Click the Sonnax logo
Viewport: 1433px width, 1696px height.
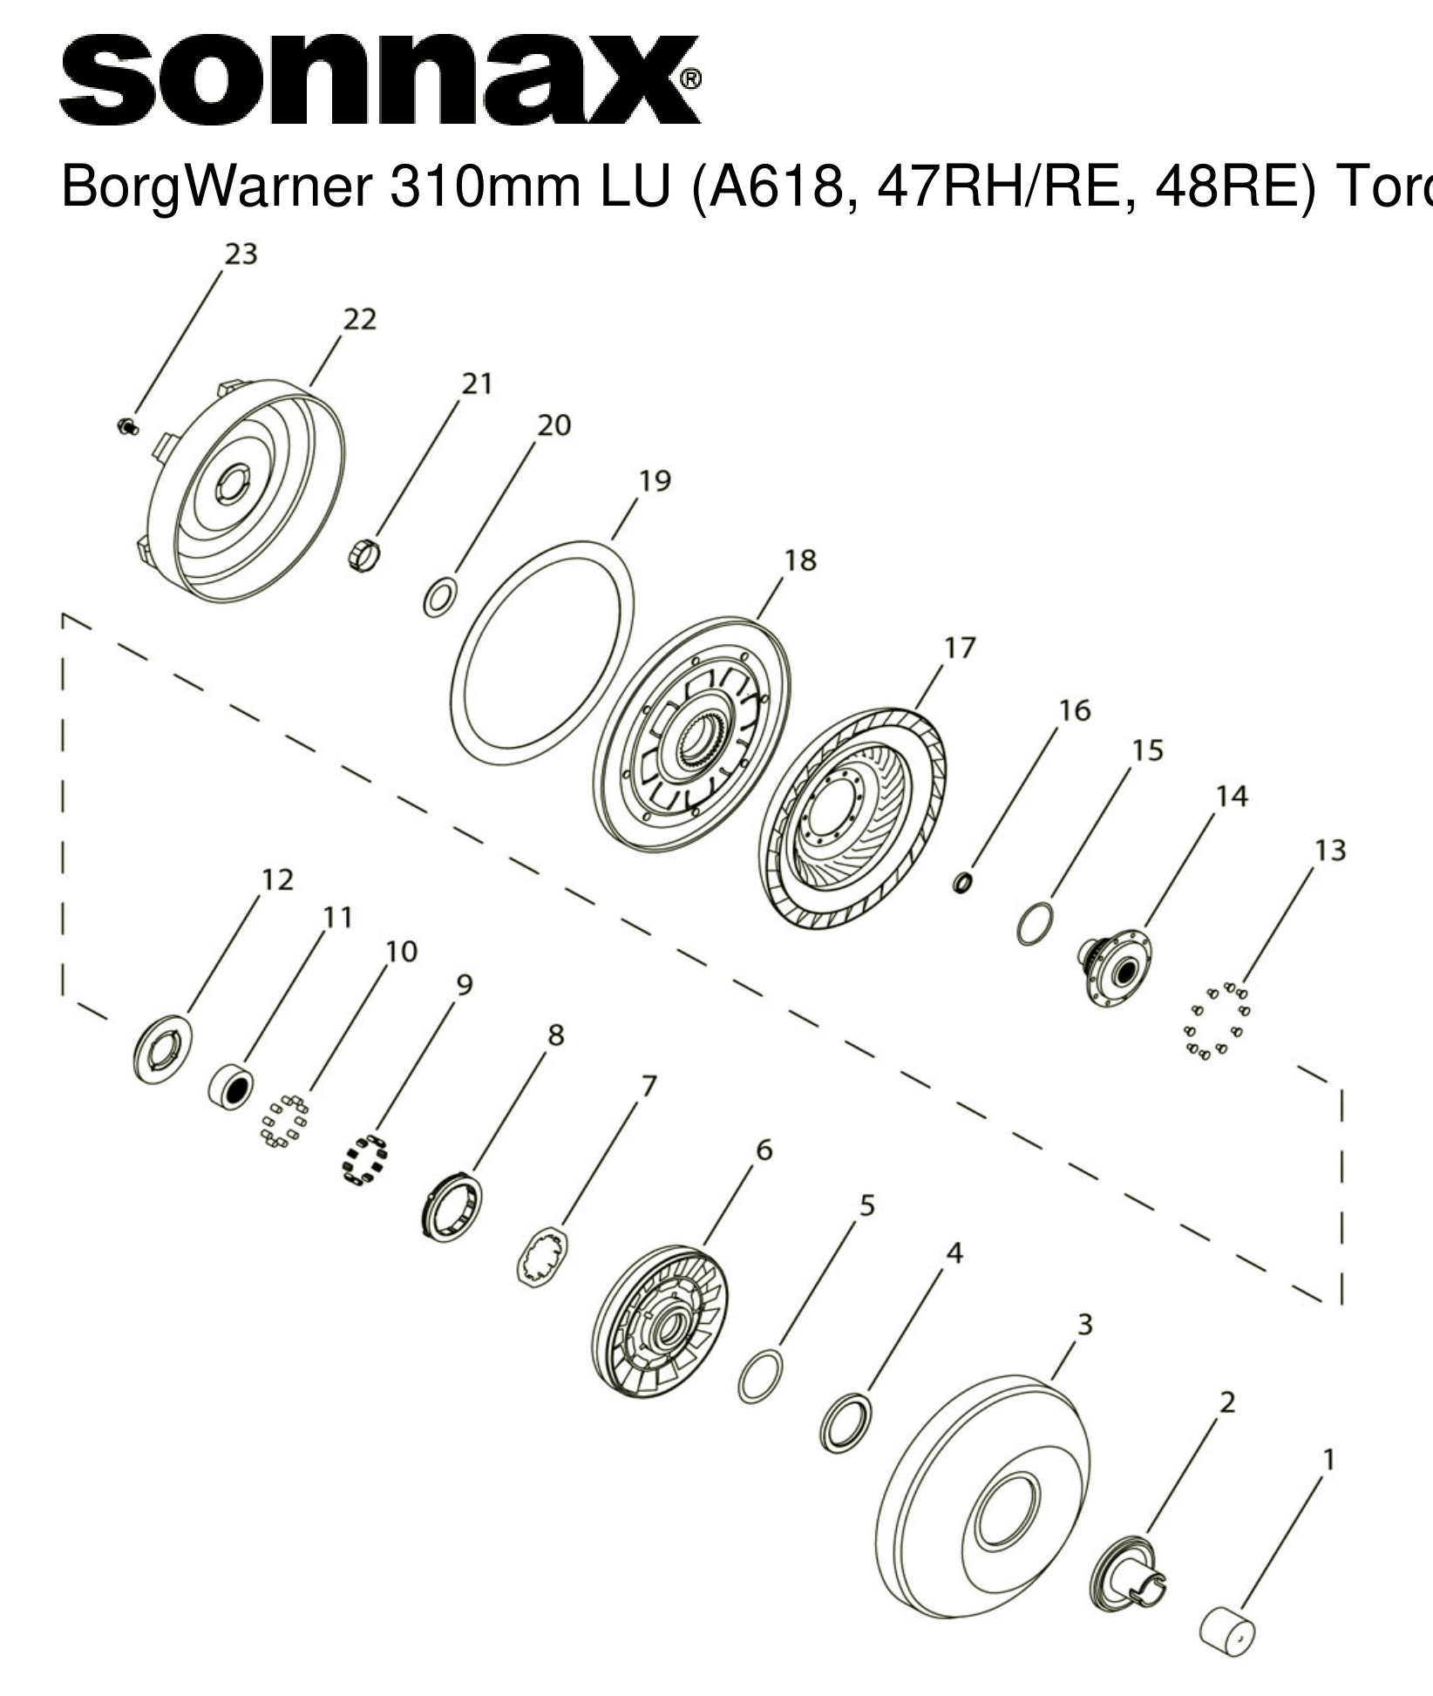tap(380, 79)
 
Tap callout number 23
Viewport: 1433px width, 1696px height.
tap(241, 254)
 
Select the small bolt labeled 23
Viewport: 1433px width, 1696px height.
tap(127, 426)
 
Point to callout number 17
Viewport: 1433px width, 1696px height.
tap(960, 648)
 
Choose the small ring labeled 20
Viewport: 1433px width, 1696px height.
tap(439, 596)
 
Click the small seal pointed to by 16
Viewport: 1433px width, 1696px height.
tap(962, 884)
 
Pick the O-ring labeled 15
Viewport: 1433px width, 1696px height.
tap(1035, 924)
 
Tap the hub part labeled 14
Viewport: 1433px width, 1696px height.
tap(1116, 967)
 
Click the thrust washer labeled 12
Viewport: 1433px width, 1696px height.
tap(163, 1049)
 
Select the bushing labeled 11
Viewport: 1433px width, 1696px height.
tap(231, 1086)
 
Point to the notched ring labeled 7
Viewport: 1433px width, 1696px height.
tap(542, 1257)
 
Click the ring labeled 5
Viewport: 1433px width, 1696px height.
tap(760, 1377)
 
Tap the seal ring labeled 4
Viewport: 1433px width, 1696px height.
tap(846, 1423)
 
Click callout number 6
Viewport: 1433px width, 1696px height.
tap(764, 1150)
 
